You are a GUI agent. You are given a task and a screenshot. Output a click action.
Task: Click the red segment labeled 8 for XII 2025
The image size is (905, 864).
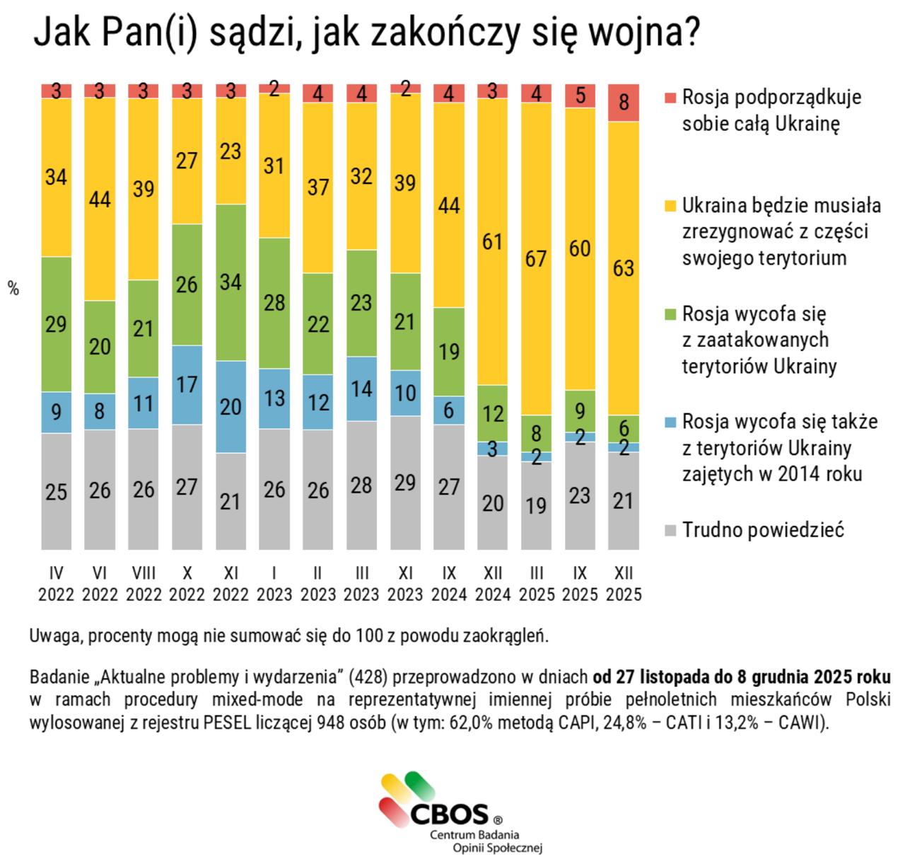(x=624, y=103)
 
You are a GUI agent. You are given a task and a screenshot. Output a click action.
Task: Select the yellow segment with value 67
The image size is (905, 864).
(x=536, y=258)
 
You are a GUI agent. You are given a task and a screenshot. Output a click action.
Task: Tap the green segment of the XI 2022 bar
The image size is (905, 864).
(x=230, y=282)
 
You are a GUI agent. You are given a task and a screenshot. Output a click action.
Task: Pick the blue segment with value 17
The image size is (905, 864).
(x=187, y=384)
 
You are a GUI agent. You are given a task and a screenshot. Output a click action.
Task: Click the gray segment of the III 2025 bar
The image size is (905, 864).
(x=536, y=505)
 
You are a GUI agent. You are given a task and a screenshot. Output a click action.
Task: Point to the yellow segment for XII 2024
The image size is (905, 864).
(x=493, y=241)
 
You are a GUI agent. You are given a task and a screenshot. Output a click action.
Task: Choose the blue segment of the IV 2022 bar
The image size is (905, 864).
(x=57, y=412)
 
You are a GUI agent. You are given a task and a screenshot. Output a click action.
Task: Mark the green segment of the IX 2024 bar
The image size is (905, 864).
(x=449, y=351)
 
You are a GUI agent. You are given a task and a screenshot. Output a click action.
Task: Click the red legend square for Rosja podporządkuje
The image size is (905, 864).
(x=671, y=97)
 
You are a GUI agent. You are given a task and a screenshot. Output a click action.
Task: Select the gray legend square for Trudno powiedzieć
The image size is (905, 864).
(x=671, y=530)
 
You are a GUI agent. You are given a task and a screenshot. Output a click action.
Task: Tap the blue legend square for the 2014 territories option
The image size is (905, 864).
(x=671, y=422)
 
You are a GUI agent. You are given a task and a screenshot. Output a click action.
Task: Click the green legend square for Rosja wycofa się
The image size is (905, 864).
(x=671, y=313)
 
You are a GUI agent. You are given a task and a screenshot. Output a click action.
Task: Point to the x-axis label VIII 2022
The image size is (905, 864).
(x=144, y=583)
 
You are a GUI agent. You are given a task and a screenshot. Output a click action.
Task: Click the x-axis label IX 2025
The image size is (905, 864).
(x=580, y=583)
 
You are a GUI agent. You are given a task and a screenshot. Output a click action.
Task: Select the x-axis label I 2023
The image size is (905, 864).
(x=274, y=583)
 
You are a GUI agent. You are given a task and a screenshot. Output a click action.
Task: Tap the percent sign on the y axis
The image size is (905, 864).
(x=13, y=289)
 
